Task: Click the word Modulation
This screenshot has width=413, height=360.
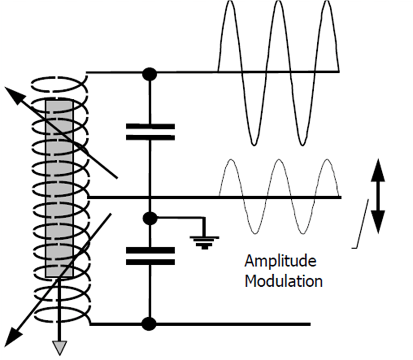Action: point(283,281)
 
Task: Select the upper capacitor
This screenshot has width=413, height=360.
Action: point(150,132)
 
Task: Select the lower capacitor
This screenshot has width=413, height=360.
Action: point(150,256)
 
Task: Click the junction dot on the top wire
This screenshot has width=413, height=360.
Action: point(150,73)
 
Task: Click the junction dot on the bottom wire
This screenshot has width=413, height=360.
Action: point(150,324)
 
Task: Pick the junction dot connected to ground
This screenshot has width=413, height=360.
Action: point(150,218)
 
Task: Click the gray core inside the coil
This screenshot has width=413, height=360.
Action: point(59,187)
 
